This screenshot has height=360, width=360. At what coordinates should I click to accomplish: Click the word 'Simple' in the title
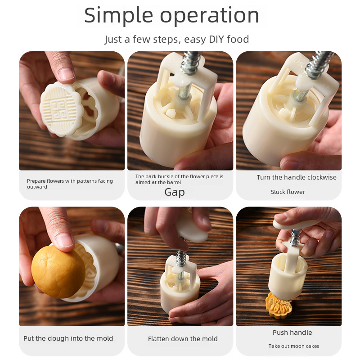[x=118, y=16]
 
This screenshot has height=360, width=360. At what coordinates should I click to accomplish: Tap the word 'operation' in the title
[x=209, y=16]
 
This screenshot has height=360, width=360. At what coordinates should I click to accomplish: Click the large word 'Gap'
[x=175, y=192]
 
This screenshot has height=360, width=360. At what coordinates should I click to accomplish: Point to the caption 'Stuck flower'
[x=288, y=192]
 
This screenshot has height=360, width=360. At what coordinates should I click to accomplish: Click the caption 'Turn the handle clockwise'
[x=297, y=177]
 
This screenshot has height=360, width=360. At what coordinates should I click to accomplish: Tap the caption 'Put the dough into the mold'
[x=68, y=338]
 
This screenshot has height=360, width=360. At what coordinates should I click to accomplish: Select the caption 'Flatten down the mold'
[x=183, y=339]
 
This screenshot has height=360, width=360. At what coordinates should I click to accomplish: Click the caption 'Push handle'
[x=292, y=333]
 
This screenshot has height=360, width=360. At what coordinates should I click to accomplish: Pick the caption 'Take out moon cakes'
[x=294, y=346]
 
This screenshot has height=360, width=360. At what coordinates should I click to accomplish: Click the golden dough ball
[x=58, y=272]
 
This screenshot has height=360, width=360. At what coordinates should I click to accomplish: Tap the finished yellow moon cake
[x=279, y=306]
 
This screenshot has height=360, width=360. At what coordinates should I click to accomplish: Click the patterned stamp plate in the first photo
[x=61, y=109]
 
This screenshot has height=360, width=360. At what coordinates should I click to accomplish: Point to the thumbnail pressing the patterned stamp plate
[x=66, y=74]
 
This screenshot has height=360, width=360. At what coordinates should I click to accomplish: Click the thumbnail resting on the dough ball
[x=65, y=240]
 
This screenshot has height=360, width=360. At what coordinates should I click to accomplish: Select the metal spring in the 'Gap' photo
[x=191, y=63]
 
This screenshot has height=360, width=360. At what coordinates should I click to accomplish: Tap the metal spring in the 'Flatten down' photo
[x=181, y=258]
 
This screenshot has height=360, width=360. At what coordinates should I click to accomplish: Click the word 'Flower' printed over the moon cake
[x=280, y=301]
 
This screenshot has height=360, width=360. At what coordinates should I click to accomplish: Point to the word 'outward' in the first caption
[x=37, y=187]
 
